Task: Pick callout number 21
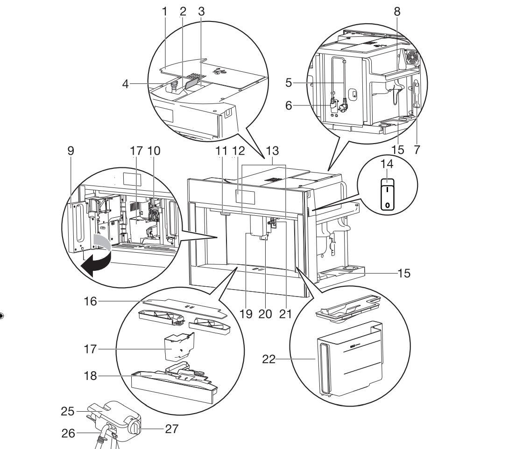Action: coord(285,314)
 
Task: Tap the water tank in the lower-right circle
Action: coord(348,359)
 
